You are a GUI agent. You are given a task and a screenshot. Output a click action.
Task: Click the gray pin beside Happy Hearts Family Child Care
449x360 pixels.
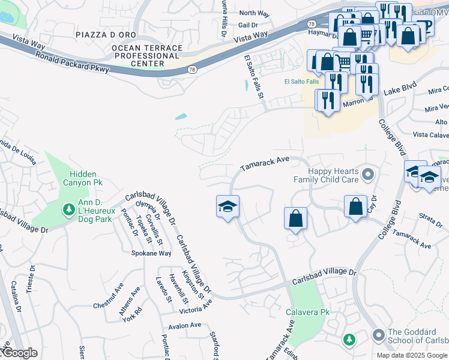coord(369,175)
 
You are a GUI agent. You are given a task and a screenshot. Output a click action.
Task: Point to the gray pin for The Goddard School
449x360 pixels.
coord(378,335)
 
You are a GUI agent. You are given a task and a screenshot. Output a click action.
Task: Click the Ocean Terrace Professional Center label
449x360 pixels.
coord(146,55)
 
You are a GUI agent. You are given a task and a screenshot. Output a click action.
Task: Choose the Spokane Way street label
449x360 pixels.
coord(151,253)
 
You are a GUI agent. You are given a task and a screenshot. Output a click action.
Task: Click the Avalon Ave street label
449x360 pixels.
coord(185,325)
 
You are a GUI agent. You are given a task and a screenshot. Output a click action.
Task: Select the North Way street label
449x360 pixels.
coord(255,13)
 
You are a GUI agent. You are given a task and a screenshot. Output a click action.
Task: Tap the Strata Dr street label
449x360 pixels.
coord(430,218)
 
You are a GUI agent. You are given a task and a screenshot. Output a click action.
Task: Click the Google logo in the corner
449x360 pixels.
coord(19,353)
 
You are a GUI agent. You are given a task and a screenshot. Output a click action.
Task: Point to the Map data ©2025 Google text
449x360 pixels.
coord(412,355)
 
